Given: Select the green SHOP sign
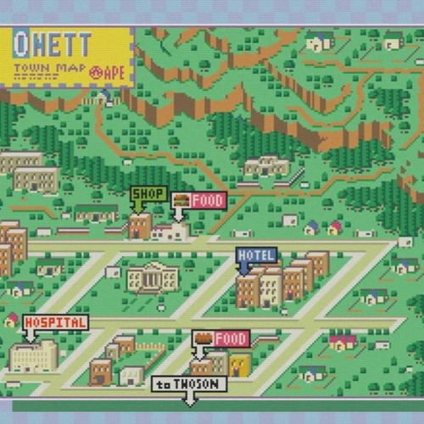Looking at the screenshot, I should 148,194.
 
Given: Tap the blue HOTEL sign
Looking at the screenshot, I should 256,255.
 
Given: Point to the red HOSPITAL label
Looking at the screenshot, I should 56,323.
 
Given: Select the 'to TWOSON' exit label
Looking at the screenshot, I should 189,384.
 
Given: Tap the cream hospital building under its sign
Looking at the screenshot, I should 34,355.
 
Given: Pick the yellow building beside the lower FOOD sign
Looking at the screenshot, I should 240,365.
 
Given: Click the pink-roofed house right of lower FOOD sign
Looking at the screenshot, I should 343,342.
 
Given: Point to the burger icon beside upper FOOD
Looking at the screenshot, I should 180,201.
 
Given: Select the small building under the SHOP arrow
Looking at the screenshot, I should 140,226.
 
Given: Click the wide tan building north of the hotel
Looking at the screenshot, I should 266,165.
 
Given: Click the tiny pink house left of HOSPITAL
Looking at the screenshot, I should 11,321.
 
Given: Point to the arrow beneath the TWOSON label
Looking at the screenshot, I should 188,399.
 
